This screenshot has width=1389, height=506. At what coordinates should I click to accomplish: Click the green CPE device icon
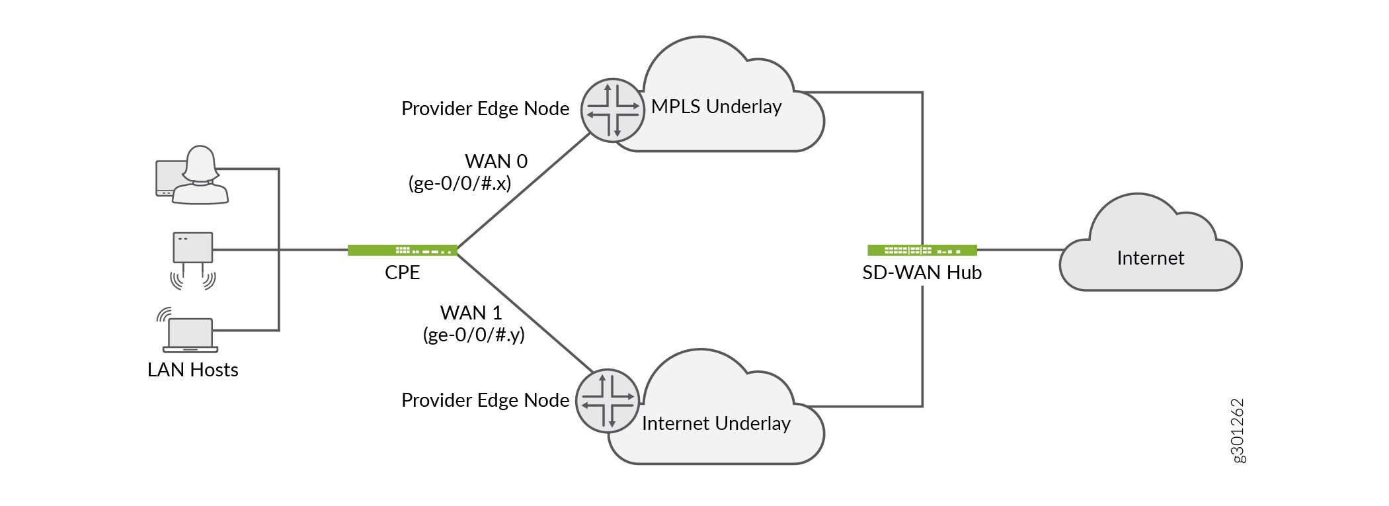(x=402, y=250)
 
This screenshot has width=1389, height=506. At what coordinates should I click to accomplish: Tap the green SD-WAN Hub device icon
(x=922, y=250)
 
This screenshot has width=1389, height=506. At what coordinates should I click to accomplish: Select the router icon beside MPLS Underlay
(x=613, y=110)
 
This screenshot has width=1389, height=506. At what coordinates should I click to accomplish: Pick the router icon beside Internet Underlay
(x=608, y=401)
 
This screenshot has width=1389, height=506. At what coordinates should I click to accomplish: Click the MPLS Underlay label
(x=716, y=106)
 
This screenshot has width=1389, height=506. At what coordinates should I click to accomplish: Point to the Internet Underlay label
(x=716, y=423)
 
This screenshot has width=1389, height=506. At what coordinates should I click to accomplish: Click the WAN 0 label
(x=496, y=161)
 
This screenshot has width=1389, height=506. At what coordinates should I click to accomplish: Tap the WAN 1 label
(x=471, y=313)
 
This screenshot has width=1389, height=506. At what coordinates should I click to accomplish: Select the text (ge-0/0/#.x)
(x=459, y=183)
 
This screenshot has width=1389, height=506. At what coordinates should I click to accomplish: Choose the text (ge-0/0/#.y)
(x=473, y=335)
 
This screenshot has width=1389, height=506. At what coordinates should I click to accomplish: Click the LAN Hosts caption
(x=192, y=370)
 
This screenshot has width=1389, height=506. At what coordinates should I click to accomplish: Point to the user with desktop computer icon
(x=192, y=176)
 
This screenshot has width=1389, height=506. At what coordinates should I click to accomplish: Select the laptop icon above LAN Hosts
(x=190, y=333)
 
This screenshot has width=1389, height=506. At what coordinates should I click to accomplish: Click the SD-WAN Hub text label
(x=922, y=273)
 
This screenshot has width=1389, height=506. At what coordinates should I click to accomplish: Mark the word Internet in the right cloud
(x=1150, y=258)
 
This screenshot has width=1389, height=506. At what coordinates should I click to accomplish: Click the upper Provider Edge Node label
(x=485, y=108)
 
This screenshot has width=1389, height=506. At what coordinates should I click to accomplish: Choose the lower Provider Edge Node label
(x=485, y=400)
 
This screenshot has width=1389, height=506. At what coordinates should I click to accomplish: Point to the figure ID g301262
(x=1238, y=431)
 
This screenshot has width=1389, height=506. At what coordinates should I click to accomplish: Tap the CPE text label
(x=402, y=273)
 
